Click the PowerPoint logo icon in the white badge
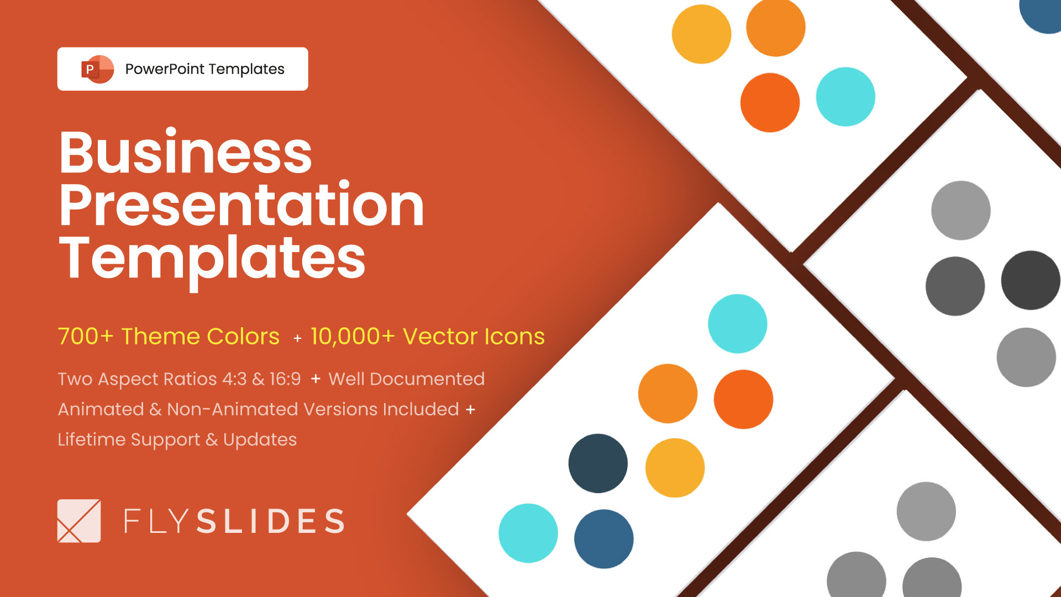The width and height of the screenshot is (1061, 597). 97,69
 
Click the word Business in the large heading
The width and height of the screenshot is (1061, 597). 186,152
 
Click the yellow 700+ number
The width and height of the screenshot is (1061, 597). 86,337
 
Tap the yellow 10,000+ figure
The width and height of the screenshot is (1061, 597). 353,337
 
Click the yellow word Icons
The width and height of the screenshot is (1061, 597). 514,337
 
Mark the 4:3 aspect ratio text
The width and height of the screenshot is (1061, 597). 234,379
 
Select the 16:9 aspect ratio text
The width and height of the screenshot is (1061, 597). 285,379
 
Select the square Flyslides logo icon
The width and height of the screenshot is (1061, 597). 79,521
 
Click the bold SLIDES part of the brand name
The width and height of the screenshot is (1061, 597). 271,521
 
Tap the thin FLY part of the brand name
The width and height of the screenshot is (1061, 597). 156,521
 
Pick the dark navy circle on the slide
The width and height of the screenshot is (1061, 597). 598,463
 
